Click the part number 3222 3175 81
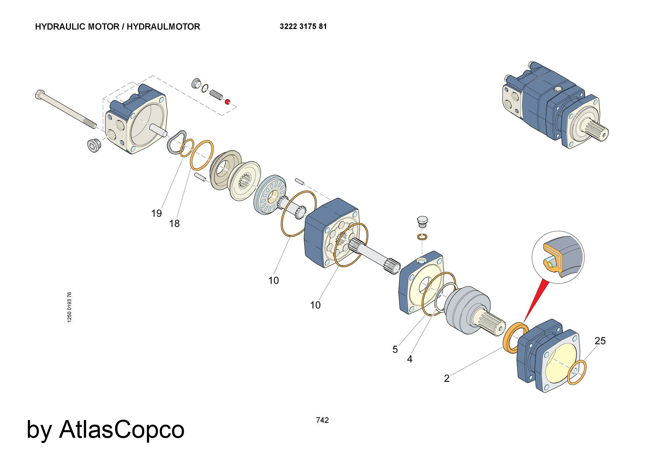pyautogui.click(x=303, y=27)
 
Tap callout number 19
pyautogui.click(x=156, y=213)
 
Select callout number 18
pyautogui.click(x=174, y=223)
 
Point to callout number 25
pyautogui.click(x=600, y=341)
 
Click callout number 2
pyautogui.click(x=446, y=378)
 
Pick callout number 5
pyautogui.click(x=395, y=349)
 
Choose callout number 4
pyautogui.click(x=409, y=359)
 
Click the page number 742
pyautogui.click(x=322, y=420)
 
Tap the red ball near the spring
pyautogui.click(x=227, y=102)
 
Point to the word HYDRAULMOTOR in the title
pyautogui.click(x=163, y=27)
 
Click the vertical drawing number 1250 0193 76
pyautogui.click(x=69, y=307)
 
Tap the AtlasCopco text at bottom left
pyautogui.click(x=121, y=430)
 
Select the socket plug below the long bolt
pyautogui.click(x=94, y=145)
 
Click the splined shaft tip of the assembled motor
pyautogui.click(x=600, y=132)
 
